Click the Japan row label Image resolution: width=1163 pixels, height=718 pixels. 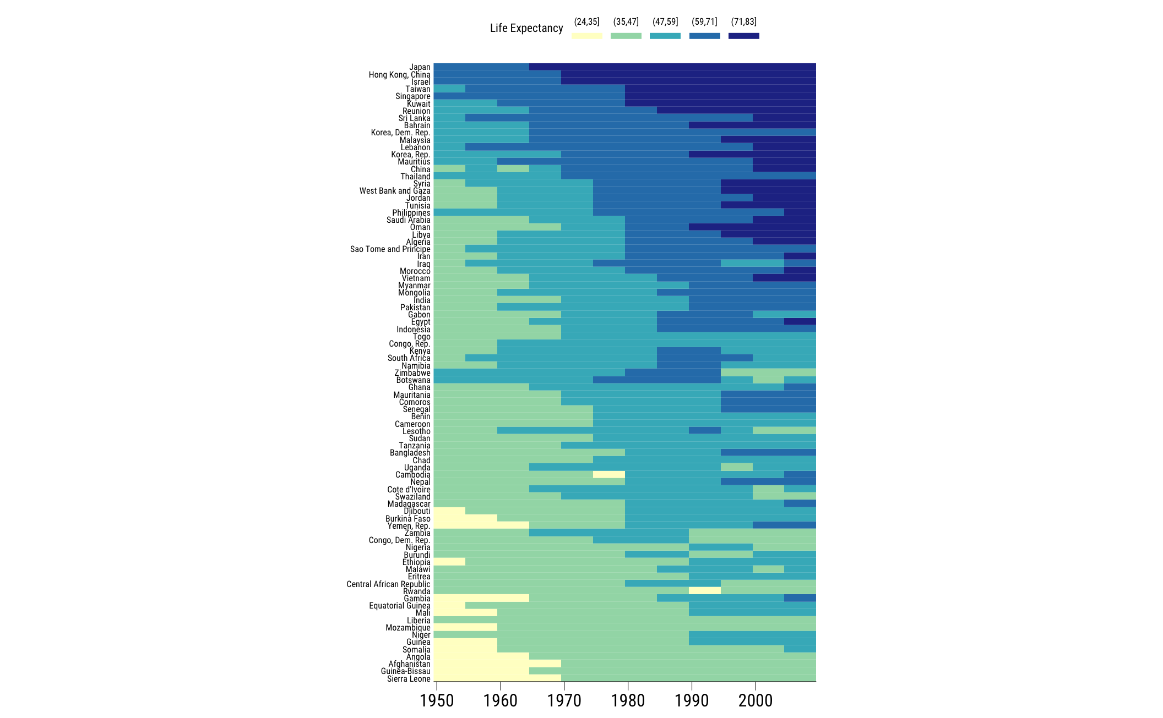click(420, 67)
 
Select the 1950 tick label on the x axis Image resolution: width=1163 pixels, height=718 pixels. click(437, 700)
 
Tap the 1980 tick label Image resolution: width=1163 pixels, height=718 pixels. click(628, 700)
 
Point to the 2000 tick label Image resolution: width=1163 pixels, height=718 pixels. click(756, 700)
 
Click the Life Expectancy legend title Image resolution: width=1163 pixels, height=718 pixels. click(526, 28)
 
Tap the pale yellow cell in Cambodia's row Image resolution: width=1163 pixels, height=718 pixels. click(609, 474)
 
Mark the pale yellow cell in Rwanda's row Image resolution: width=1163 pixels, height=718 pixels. click(704, 591)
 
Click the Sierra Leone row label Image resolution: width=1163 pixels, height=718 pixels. click(409, 679)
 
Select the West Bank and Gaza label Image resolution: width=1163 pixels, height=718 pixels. click(395, 191)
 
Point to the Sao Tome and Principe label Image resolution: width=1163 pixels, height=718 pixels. click(390, 249)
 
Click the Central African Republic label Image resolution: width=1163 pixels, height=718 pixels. click(388, 584)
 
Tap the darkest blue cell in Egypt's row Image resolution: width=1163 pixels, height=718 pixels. click(800, 321)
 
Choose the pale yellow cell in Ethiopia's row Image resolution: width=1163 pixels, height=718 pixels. click(449, 562)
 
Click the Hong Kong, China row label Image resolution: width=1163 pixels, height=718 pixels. click(399, 75)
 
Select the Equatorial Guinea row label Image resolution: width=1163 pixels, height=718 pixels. click(400, 606)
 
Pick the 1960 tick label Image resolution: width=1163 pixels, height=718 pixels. click(500, 700)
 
